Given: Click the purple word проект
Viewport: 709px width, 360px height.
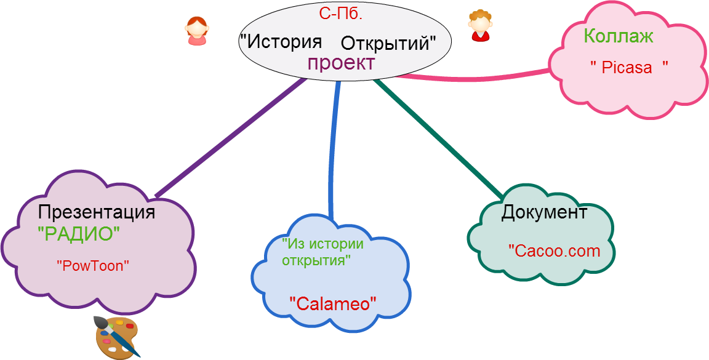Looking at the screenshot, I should tap(341, 63).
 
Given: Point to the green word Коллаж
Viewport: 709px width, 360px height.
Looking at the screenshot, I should tap(618, 36).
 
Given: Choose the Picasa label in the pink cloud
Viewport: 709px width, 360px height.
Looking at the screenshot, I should tap(628, 67).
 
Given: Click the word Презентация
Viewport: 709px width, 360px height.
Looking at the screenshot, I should tap(96, 212).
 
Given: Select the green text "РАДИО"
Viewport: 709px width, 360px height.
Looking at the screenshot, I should tap(78, 234).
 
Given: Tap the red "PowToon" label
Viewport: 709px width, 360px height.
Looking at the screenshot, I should tap(94, 266).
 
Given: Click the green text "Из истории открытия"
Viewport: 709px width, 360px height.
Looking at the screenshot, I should tap(322, 251).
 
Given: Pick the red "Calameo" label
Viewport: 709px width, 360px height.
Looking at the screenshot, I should tap(333, 302).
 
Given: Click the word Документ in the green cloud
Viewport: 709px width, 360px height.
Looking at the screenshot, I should tap(544, 213).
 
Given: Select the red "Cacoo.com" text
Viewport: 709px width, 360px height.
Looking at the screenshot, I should tap(554, 250).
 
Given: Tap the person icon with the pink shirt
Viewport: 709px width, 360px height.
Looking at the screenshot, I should tap(196, 31).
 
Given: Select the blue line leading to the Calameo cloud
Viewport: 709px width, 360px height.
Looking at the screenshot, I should tap(334, 154).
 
